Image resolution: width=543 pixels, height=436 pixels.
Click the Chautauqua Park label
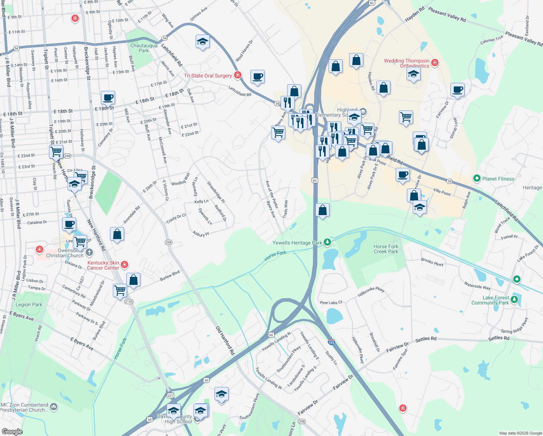(144, 48)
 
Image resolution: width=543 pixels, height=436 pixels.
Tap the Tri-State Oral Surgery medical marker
(238, 75)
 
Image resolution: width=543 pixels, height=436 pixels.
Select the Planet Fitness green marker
(477, 178)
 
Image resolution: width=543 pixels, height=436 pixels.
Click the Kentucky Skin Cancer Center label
(103, 265)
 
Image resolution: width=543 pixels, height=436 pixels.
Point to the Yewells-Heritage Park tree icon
(327, 242)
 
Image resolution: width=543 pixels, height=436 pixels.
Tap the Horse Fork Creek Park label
(386, 249)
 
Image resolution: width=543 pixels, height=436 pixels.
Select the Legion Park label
(29, 305)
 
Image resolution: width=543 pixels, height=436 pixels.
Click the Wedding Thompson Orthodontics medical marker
(434, 63)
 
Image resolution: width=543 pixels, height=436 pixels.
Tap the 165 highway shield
(331, 342)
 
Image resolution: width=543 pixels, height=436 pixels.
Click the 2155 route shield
(128, 302)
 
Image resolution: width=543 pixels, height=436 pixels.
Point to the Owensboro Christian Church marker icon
(89, 252)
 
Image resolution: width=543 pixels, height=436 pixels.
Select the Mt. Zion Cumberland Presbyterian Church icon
(54, 406)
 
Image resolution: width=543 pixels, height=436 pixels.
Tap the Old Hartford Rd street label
(225, 340)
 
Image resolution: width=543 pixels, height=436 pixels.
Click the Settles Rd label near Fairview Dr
(426, 339)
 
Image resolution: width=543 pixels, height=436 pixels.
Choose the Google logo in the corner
(12, 432)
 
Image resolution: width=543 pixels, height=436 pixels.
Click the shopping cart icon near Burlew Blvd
(120, 291)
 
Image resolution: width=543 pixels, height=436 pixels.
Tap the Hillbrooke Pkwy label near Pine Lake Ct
(371, 292)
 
